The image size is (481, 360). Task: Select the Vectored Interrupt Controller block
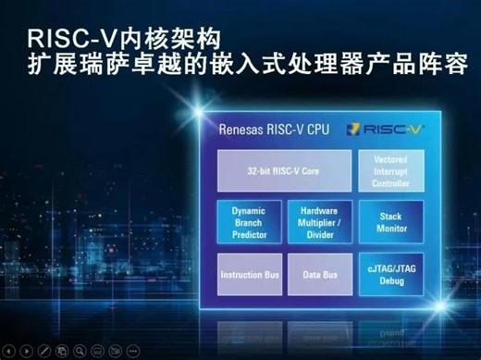[391, 170]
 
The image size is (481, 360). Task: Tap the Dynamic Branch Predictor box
[248, 222]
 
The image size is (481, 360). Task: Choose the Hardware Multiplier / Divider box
[319, 222]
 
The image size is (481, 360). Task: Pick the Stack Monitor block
[391, 222]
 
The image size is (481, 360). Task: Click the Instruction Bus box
[248, 275]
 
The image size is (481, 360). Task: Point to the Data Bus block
[319, 275]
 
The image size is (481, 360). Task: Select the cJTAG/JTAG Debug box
[391, 275]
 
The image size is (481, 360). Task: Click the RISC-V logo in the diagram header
[388, 130]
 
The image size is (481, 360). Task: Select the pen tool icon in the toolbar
[44, 351]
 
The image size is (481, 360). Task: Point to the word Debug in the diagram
[391, 281]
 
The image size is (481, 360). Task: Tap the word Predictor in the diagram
[248, 234]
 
